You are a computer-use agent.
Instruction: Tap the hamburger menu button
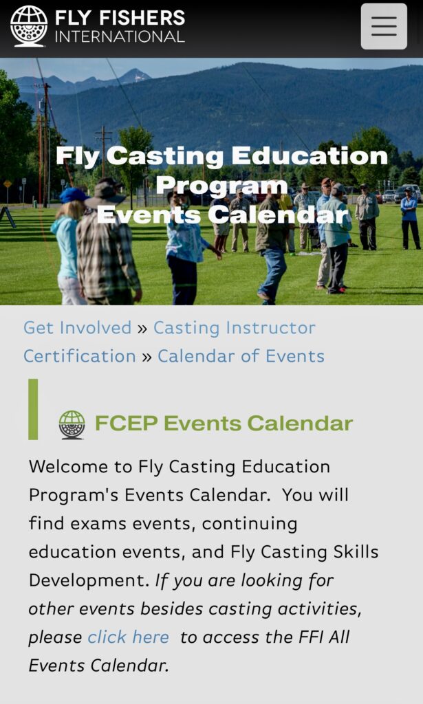[x=384, y=26]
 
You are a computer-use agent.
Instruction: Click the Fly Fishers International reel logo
[x=29, y=26]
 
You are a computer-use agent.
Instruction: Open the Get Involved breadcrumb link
[x=77, y=328]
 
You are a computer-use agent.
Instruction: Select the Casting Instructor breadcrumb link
[x=235, y=328]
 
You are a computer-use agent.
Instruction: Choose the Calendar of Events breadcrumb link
[x=241, y=356]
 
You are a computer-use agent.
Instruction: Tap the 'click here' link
[x=129, y=637]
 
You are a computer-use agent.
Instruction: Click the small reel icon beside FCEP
[x=72, y=424]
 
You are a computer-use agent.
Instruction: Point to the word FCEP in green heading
[x=126, y=423]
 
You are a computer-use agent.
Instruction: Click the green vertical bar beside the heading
[x=33, y=409]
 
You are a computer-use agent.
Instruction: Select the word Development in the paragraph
[x=89, y=580]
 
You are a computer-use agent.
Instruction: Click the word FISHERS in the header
[x=142, y=17]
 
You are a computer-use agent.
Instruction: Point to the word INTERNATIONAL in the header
[x=120, y=37]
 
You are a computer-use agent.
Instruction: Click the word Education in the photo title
[x=310, y=156]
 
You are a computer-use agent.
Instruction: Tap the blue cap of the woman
[x=73, y=195]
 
